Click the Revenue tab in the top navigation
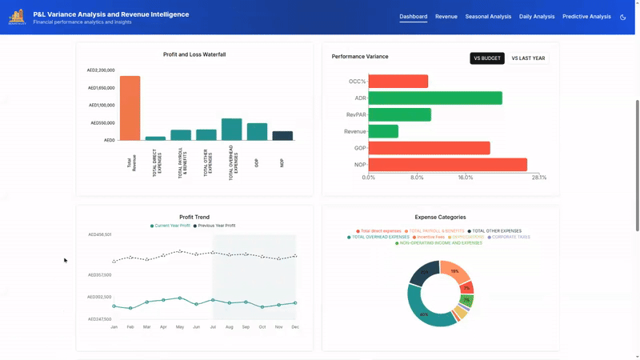[x=446, y=16]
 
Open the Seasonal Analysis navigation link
[x=488, y=16]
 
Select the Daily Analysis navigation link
[x=537, y=16]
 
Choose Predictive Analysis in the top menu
[x=586, y=16]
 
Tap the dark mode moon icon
[x=623, y=17]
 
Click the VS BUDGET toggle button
[x=487, y=58]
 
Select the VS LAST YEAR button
[x=528, y=58]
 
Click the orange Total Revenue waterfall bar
[x=130, y=108]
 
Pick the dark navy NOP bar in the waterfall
[x=282, y=136]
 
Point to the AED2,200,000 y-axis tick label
[x=101, y=70]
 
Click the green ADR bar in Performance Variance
[x=435, y=98]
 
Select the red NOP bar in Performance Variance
[x=447, y=165]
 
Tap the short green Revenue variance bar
[x=383, y=131]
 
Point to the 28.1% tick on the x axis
[x=539, y=178]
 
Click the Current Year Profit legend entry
[x=171, y=226]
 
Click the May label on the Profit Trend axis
[x=180, y=327]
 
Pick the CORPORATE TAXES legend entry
[x=510, y=237]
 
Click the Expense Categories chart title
[x=440, y=217]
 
